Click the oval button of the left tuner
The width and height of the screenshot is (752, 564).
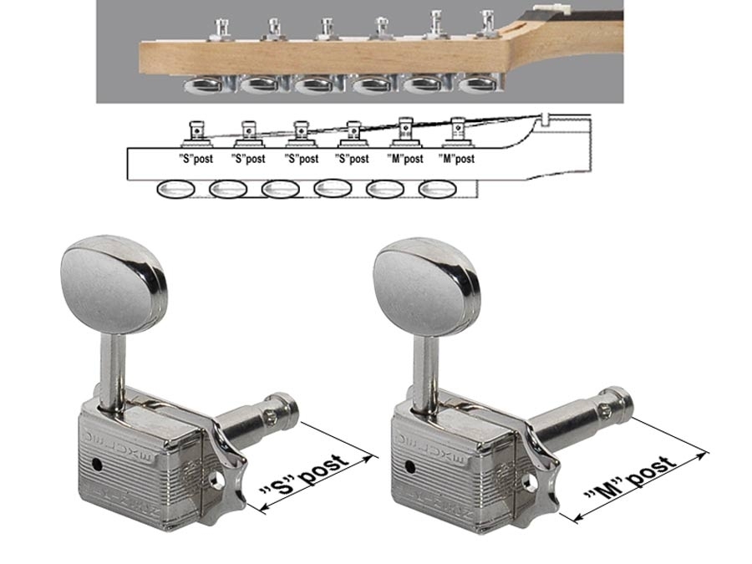click(x=114, y=286)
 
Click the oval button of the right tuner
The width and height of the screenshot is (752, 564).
click(x=426, y=287)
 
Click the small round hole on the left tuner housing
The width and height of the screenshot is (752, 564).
click(x=97, y=465)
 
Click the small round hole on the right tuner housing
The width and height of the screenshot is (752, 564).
click(x=410, y=466)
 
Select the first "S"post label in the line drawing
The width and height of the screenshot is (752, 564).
click(x=196, y=159)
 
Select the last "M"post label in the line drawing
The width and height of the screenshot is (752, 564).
click(x=456, y=159)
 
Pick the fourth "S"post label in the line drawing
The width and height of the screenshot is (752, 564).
click(x=353, y=159)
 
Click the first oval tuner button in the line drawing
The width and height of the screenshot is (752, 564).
click(x=176, y=190)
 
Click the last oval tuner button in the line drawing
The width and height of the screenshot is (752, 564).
click(x=437, y=189)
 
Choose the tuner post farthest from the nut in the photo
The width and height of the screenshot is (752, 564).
click(x=221, y=28)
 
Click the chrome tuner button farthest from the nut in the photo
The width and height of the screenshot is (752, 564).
click(x=203, y=86)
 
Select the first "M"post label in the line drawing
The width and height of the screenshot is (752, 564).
click(x=405, y=159)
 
